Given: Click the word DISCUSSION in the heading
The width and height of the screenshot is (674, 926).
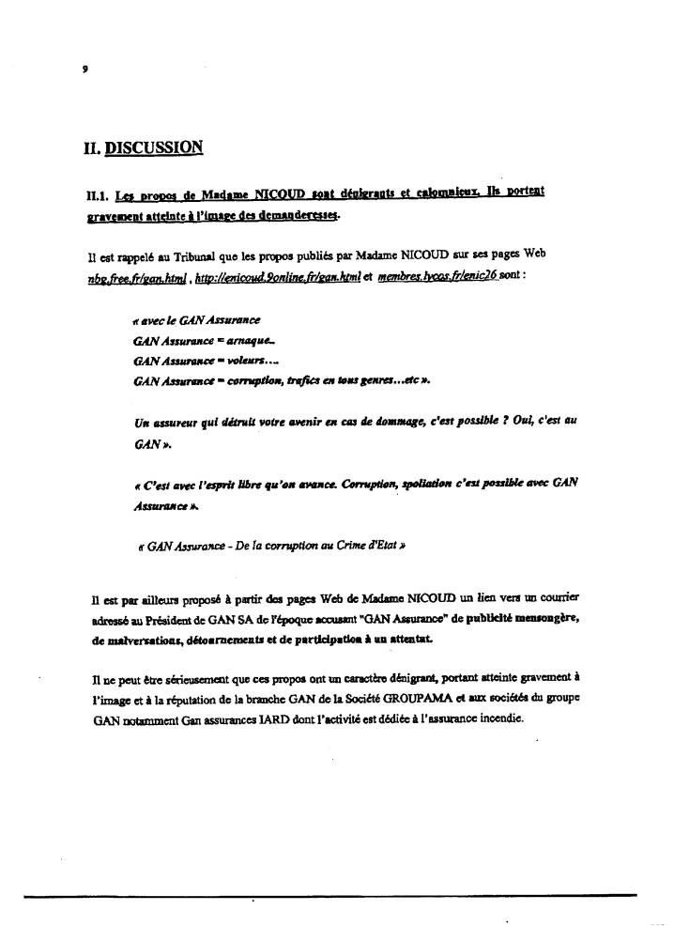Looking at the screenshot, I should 153,147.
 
